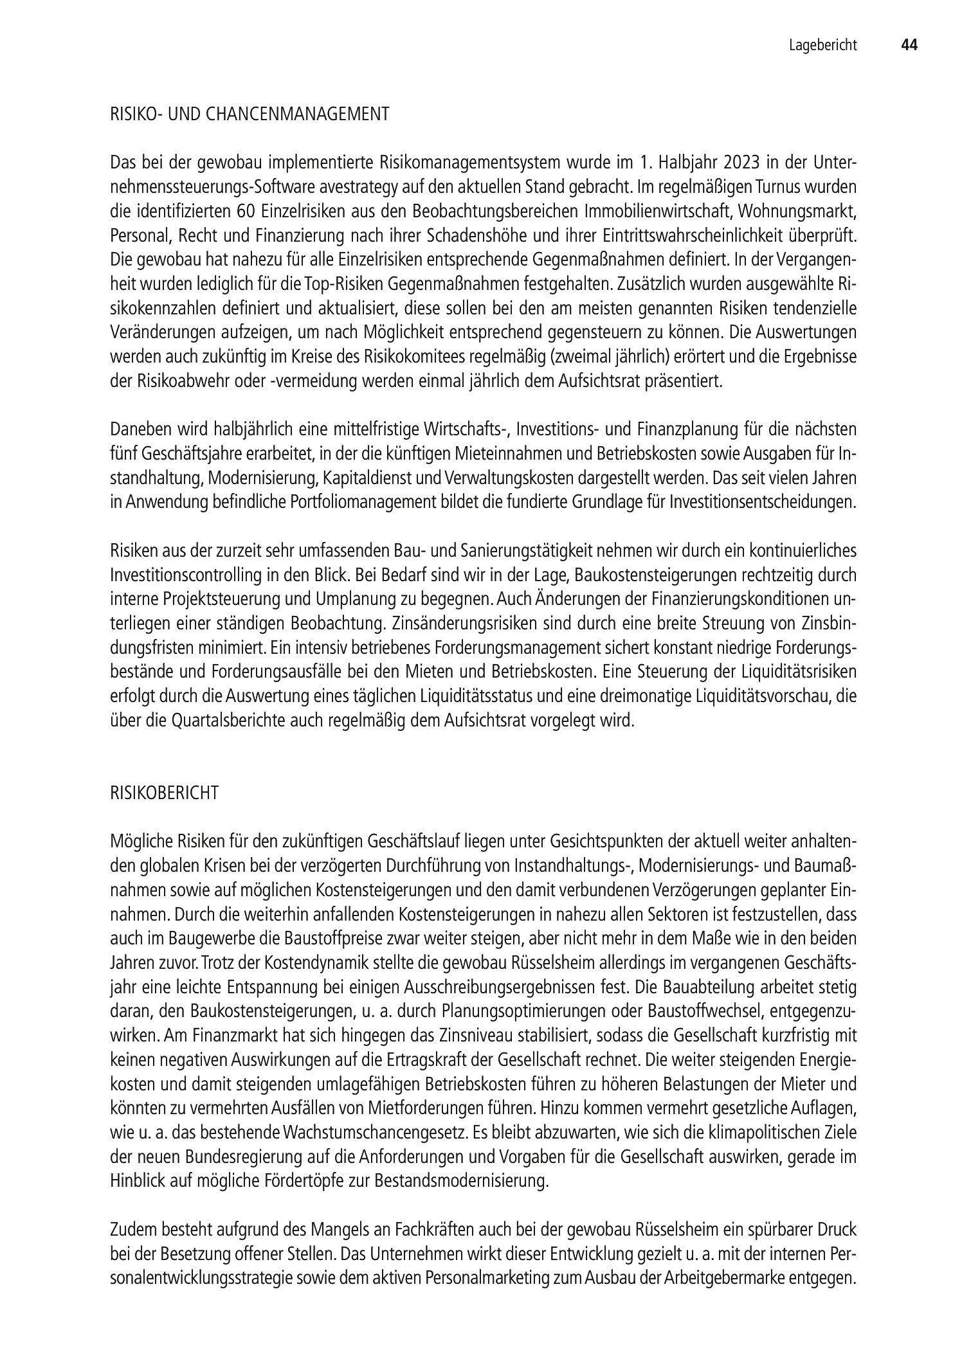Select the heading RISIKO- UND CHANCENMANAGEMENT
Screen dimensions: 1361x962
pos(250,114)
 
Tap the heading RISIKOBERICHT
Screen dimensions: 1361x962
pos(165,793)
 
